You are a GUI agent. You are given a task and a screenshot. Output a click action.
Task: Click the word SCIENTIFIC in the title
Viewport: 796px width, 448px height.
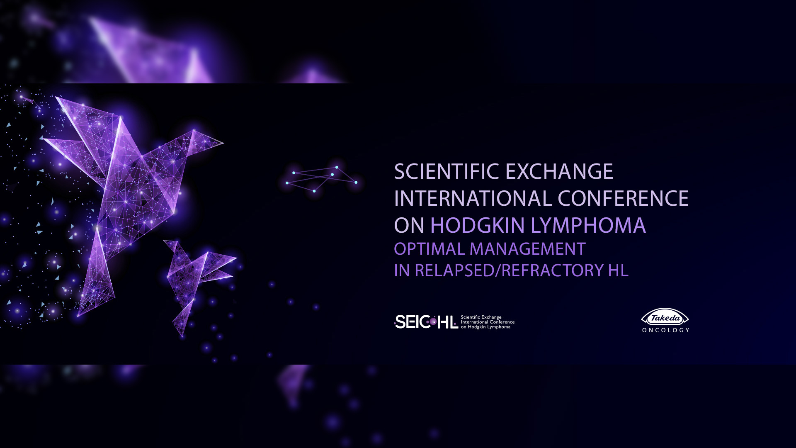447,171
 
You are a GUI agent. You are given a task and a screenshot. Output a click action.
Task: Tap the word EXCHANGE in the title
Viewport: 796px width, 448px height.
559,171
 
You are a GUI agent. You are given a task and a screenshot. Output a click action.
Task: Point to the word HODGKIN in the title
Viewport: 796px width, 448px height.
478,225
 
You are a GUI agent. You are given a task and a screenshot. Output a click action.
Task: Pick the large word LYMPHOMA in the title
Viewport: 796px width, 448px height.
588,225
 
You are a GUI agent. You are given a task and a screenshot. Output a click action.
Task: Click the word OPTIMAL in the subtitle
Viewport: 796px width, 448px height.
430,249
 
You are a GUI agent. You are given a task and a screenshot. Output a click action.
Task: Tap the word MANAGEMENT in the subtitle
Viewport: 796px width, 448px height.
527,249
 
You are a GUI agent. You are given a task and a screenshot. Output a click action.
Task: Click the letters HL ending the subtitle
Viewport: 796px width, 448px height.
618,270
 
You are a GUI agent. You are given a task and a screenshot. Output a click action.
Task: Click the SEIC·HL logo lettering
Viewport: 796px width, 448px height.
426,322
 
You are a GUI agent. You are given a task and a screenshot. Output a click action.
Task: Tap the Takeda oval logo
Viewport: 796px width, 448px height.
665,318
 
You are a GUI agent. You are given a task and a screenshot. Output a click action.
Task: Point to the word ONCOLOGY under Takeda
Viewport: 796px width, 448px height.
666,330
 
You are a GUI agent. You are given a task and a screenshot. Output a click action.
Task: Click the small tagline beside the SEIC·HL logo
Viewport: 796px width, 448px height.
488,322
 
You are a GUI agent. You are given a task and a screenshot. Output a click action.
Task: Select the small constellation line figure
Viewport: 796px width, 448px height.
321,179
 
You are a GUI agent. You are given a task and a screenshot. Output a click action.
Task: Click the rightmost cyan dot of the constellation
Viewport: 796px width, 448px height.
356,182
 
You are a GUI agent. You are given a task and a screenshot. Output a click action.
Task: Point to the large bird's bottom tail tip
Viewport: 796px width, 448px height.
78,317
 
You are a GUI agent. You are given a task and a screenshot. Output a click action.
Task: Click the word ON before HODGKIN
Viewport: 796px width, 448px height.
409,225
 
